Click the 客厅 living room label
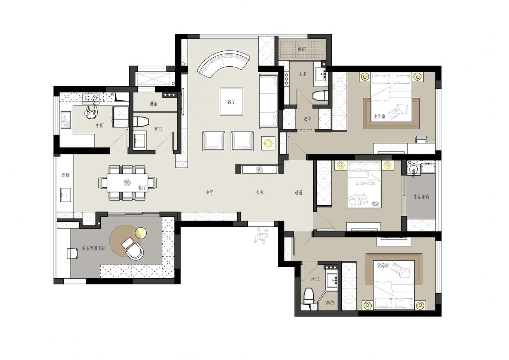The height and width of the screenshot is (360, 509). (x=231, y=102)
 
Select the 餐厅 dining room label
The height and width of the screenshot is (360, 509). (x=142, y=188)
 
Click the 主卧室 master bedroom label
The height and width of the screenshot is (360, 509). (x=380, y=117)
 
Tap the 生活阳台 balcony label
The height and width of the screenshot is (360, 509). (x=421, y=197)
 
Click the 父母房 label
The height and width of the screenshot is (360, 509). (x=383, y=265)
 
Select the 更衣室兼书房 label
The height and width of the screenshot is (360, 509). (x=94, y=248)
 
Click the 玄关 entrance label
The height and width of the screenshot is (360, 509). (x=260, y=193)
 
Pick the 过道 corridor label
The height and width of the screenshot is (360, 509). (x=299, y=193)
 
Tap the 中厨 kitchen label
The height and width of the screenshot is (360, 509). (x=100, y=125)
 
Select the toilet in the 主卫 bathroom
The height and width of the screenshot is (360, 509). (x=320, y=95)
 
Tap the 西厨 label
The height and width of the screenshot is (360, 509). (x=65, y=175)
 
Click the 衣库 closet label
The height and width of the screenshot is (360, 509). (x=307, y=119)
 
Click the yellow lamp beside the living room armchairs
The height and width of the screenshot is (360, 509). (x=268, y=143)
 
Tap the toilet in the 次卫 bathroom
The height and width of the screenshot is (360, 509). (x=309, y=296)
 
